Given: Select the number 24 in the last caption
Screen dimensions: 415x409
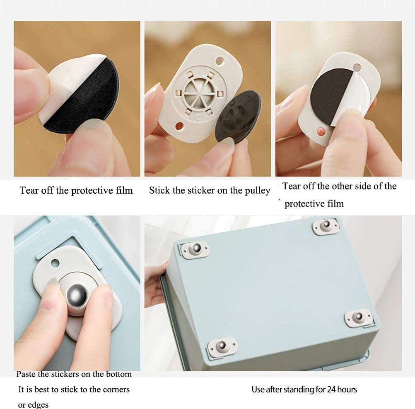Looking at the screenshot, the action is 331,390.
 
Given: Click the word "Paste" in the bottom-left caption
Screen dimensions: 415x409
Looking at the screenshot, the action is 26,374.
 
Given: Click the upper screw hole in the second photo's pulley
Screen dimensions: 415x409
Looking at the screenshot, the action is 219,61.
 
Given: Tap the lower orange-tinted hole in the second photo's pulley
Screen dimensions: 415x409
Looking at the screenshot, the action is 179,126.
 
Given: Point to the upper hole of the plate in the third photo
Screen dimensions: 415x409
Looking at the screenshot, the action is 357,67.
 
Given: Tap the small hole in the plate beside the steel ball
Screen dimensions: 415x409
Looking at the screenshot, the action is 55,263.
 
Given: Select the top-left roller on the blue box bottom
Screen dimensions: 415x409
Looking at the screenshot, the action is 195,250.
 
